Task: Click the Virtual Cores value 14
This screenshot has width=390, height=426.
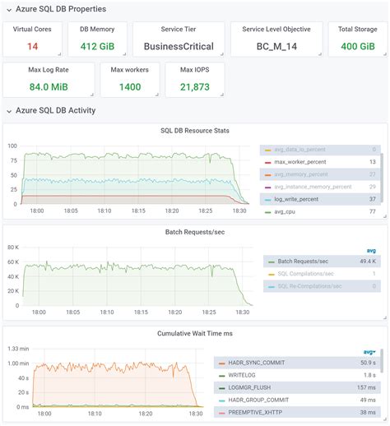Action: [32, 46]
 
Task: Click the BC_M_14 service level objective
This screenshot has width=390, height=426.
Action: [276, 47]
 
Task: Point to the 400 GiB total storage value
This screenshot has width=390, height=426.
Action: [357, 46]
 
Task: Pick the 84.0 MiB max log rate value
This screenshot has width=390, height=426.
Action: [49, 86]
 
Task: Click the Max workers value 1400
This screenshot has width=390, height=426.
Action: [129, 86]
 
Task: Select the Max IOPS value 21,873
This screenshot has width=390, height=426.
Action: [195, 86]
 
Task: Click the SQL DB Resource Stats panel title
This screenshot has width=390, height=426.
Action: [194, 130]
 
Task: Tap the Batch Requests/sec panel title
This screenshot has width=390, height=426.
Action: [194, 232]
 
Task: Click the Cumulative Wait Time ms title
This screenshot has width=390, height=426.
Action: [194, 333]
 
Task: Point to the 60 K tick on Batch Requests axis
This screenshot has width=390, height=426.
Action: [12, 247]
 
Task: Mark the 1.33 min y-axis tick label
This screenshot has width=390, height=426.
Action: [18, 349]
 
